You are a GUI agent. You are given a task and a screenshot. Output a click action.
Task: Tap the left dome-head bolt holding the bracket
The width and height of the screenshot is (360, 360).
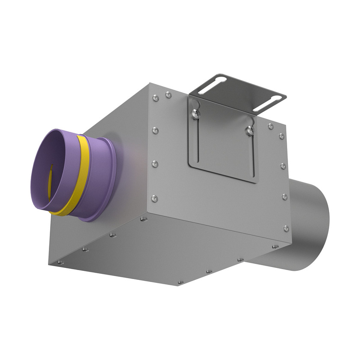(195, 113)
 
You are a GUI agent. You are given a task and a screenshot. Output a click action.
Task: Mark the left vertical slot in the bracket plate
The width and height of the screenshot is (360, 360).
(197, 137)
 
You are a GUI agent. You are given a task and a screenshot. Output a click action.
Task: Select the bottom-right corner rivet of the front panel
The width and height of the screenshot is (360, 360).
(286, 228)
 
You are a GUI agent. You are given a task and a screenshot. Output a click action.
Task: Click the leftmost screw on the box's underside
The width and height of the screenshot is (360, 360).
(61, 261)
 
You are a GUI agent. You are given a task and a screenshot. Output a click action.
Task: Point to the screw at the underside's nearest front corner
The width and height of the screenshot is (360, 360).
(180, 282)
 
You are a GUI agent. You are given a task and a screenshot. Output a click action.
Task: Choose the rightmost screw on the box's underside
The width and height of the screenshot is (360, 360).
(275, 247)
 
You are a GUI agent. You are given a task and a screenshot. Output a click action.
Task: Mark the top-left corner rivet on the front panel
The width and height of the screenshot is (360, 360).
(155, 98)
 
